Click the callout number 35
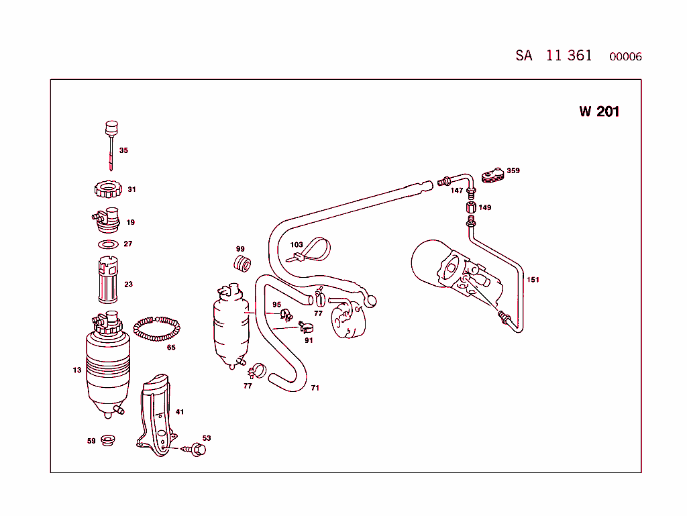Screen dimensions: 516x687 coord(123,150)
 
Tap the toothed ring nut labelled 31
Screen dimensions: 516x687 coord(107,189)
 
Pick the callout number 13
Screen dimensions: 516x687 coord(77,370)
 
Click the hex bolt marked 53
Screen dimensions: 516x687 coord(197,449)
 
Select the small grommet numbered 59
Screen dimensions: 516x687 coord(107,441)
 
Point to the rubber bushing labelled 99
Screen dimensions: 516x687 coord(242,264)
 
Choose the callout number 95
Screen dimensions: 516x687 coord(276,305)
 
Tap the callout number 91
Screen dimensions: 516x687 coord(309,340)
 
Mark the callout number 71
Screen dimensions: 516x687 coord(315,388)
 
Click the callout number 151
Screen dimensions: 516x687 coord(533,280)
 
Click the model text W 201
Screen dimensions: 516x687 coord(599,111)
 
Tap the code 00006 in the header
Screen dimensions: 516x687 coord(625,57)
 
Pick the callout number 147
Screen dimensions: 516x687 coord(456,191)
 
